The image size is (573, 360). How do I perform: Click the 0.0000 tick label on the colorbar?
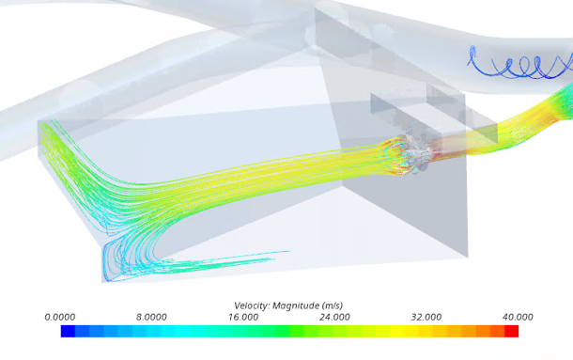click(x=59, y=317)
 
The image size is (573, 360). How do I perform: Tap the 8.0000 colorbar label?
click(x=151, y=317)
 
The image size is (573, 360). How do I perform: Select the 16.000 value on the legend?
click(x=243, y=317)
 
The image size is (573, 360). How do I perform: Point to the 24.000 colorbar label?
click(x=334, y=317)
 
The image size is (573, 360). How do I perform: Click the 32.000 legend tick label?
click(x=426, y=317)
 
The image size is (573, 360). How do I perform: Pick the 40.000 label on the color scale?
click(x=518, y=317)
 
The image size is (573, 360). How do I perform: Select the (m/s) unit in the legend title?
click(x=333, y=305)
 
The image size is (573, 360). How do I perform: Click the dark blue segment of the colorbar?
click(x=68, y=331)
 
